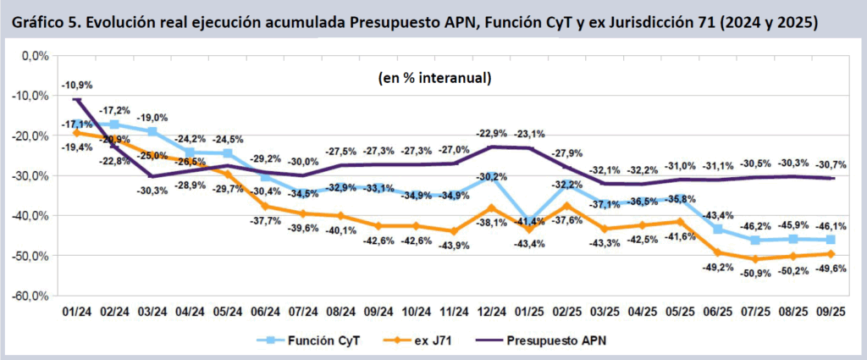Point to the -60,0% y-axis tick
point(29,296)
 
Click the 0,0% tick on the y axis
point(34,56)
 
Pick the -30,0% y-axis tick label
point(29,175)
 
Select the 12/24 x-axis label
point(493,313)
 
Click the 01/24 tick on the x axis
point(77,313)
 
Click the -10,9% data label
point(77,85)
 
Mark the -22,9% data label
point(492,133)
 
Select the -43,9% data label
point(455,246)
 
